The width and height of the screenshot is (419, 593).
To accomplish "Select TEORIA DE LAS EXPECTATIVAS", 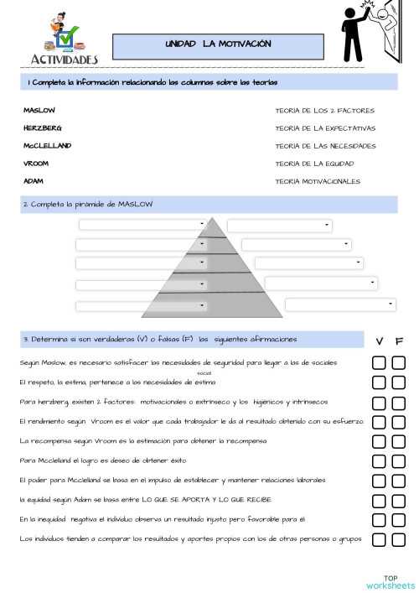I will pyautogui.click(x=325, y=128).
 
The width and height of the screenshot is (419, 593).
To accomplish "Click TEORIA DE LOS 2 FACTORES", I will pyautogui.click(x=324, y=111).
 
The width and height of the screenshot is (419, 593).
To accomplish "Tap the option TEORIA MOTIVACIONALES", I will pyautogui.click(x=318, y=180).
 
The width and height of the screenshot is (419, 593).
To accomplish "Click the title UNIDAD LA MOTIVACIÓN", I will pyautogui.click(x=218, y=44).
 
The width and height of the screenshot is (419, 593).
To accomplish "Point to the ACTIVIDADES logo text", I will pyautogui.click(x=65, y=59).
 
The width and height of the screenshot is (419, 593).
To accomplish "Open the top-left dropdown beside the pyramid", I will pyautogui.click(x=142, y=224).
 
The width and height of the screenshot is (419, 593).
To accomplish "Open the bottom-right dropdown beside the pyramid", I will pyautogui.click(x=339, y=304).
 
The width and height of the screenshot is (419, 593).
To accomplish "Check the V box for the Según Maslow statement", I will pyautogui.click(x=379, y=363).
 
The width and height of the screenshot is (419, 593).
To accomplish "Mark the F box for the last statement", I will pyautogui.click(x=399, y=538).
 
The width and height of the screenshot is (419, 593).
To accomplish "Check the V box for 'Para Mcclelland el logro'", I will pyautogui.click(x=379, y=460).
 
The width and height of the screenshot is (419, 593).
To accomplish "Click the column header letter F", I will pyautogui.click(x=399, y=341).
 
